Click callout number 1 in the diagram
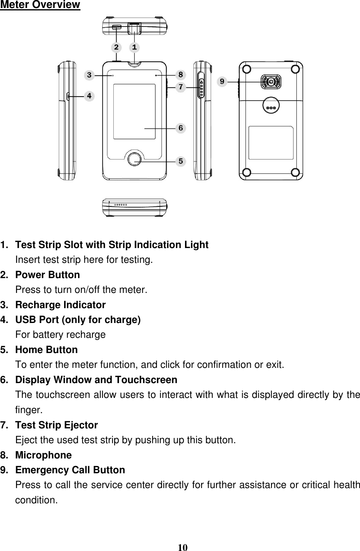(x=135, y=47)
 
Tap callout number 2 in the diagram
(x=116, y=47)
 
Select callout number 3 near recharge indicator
(x=89, y=75)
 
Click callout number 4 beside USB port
(x=89, y=96)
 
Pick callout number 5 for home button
(x=181, y=161)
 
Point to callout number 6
(x=181, y=128)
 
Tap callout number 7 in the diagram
(x=181, y=86)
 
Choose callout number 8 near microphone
(x=181, y=75)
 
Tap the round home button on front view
(x=135, y=159)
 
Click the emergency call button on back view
(x=271, y=82)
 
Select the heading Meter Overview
(x=40, y=5)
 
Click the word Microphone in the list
(x=43, y=455)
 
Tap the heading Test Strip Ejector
(x=56, y=425)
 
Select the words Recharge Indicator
(x=60, y=305)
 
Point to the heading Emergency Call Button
(x=70, y=470)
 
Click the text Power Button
(x=47, y=275)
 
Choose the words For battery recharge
(x=60, y=335)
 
